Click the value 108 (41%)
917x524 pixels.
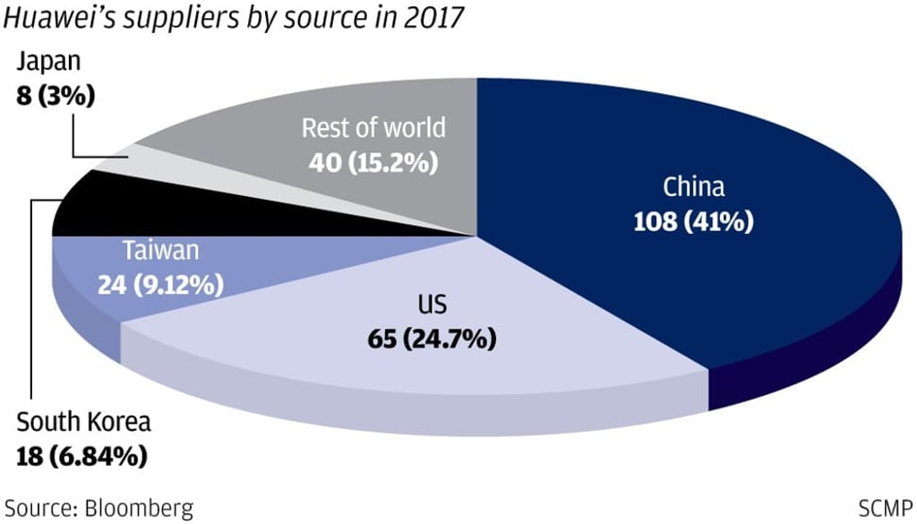point(693,220)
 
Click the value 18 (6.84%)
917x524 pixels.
point(81,456)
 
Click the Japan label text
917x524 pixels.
point(49,64)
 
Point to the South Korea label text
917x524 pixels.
point(84,422)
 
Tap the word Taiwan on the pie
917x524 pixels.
point(162,252)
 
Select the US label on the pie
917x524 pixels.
point(431,307)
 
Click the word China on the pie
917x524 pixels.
point(693,187)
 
